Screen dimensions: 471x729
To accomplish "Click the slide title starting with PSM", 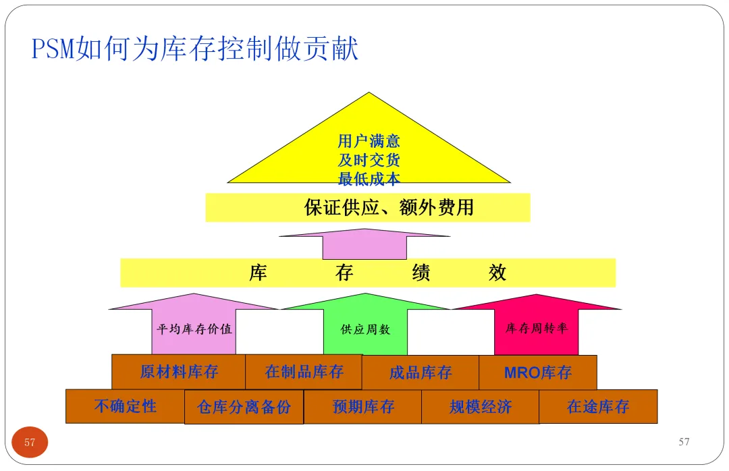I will (195, 49).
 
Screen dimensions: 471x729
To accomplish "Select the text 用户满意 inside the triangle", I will (369, 141).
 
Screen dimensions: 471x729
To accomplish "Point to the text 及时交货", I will (369, 161).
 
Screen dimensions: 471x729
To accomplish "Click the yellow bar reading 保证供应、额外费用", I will (368, 207).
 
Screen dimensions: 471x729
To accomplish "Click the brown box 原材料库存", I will (179, 372).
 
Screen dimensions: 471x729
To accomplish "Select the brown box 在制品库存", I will (304, 372).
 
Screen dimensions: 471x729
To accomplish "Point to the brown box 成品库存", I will (421, 372).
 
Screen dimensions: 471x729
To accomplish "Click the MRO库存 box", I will (538, 372).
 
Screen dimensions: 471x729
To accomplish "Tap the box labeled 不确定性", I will (125, 406).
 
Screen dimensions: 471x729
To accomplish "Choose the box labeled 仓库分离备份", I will (244, 407).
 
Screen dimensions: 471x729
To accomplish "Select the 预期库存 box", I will (363, 407).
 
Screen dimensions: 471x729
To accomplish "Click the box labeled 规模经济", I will (481, 407).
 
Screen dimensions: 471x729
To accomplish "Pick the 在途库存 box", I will (598, 407).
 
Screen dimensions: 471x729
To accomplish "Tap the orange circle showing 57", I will (30, 443).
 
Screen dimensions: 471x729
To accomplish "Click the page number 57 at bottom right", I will (684, 442).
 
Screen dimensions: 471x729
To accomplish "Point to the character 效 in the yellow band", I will (497, 273).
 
